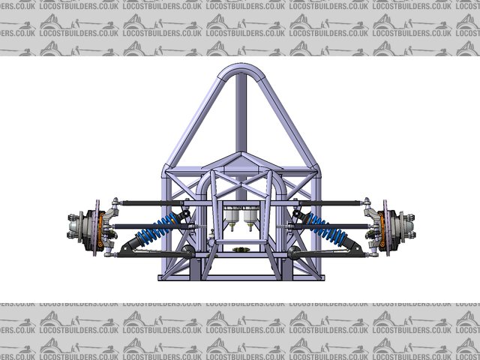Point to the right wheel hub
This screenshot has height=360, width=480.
[403, 224]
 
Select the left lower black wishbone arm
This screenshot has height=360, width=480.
[150, 255]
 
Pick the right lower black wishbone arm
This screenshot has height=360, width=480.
[330, 255]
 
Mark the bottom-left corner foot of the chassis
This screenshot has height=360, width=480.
[166, 277]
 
